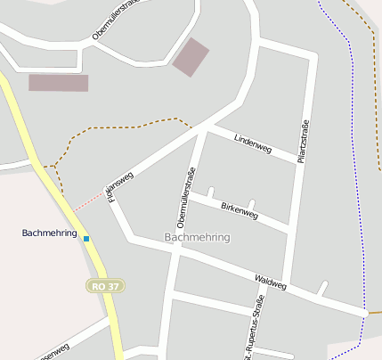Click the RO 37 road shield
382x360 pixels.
coord(106,286)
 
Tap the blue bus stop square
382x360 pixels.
coord(86,238)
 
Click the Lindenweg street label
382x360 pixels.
coord(252,143)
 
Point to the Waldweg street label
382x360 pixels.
coord(271,282)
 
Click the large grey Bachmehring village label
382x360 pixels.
coord(197,238)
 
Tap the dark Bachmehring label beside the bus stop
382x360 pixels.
coord(50,233)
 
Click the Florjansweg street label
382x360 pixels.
coord(119,184)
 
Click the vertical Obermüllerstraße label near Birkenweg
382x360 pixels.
coord(186,195)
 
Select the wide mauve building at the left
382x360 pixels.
coord(59,83)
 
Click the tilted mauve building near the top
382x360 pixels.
coord(191,56)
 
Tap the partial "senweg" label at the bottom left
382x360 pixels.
coord(53,351)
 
